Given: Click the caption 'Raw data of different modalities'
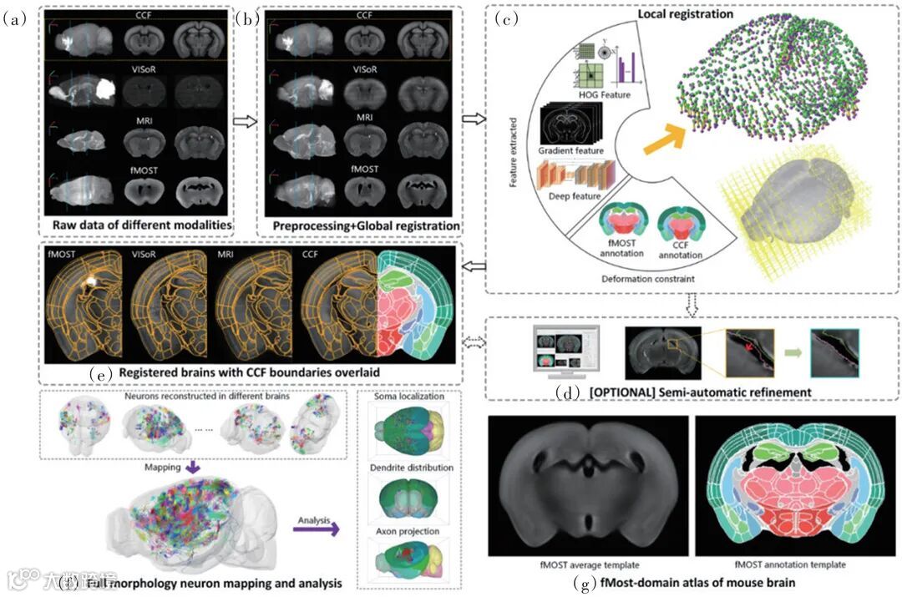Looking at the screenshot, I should coord(141,225).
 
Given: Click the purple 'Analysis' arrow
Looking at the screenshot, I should coord(321,527).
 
